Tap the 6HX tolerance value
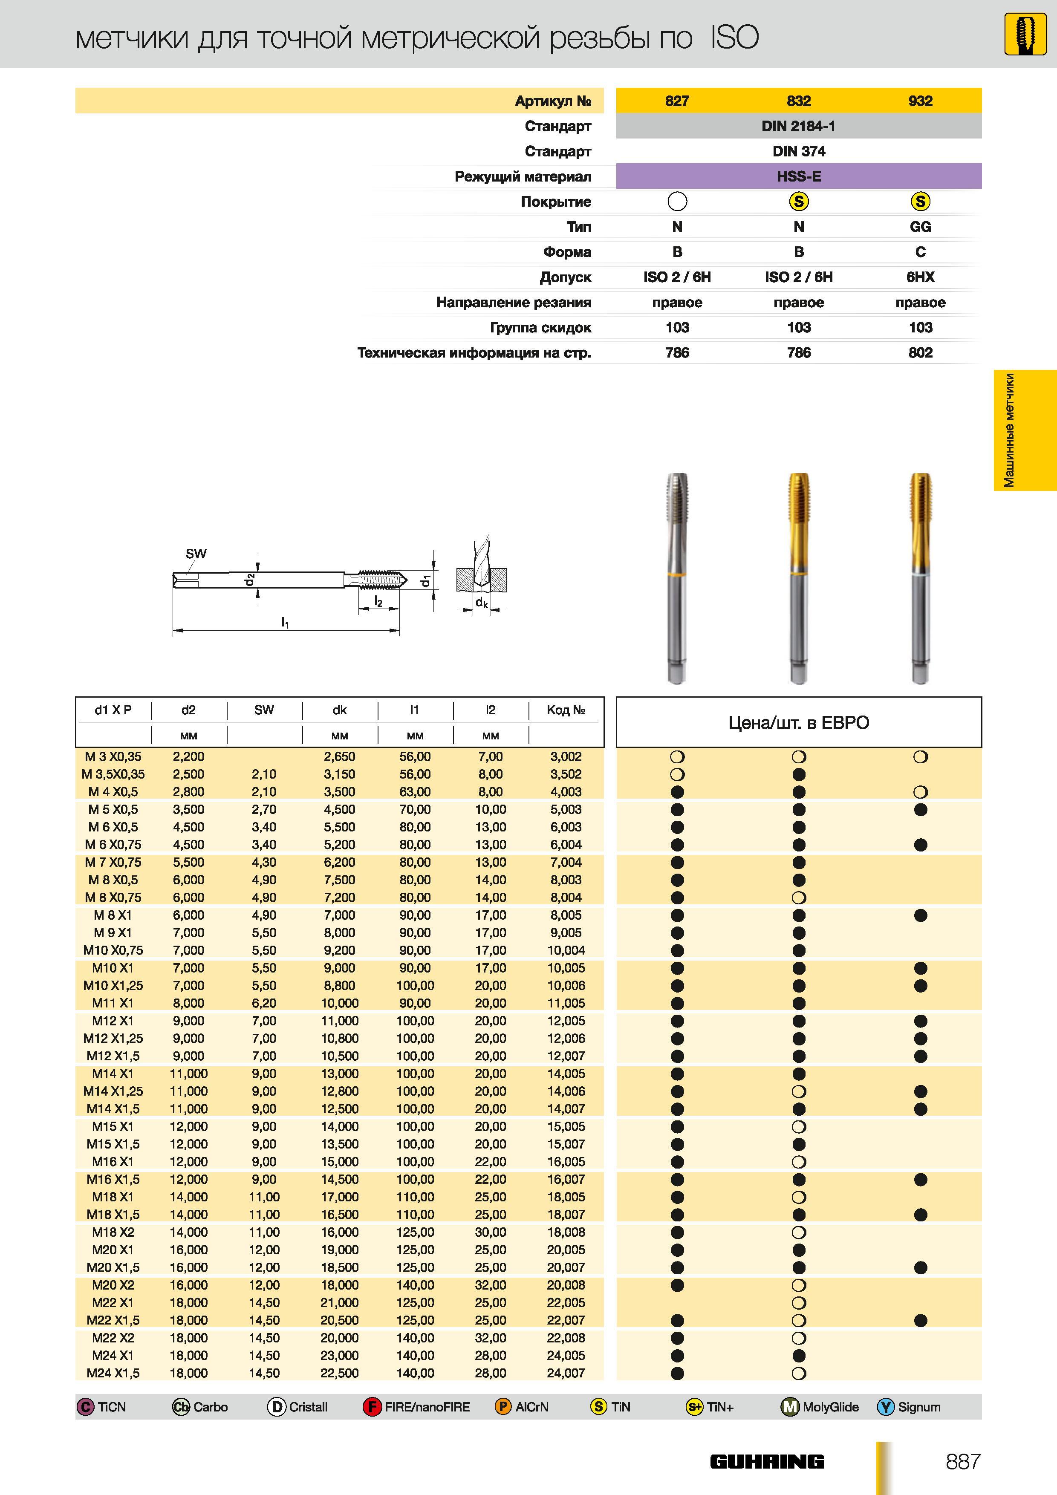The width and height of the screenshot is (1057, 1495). pos(920,277)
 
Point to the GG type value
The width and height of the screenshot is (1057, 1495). pos(920,227)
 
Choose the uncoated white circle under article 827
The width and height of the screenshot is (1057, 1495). pos(677,202)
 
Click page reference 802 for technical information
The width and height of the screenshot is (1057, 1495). pos(920,353)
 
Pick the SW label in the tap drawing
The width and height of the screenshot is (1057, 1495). pos(196,554)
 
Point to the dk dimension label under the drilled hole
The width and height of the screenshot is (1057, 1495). pos(481,602)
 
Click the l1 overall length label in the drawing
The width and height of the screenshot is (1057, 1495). pos(285,623)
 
